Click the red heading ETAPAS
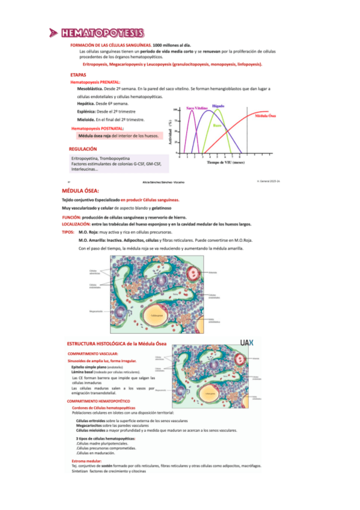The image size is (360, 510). pyautogui.click(x=78, y=75)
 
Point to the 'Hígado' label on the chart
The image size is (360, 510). pyautogui.click(x=218, y=106)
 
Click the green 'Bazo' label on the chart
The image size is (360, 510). pyautogui.click(x=217, y=125)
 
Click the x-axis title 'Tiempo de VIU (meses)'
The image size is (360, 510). pyautogui.click(x=225, y=162)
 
